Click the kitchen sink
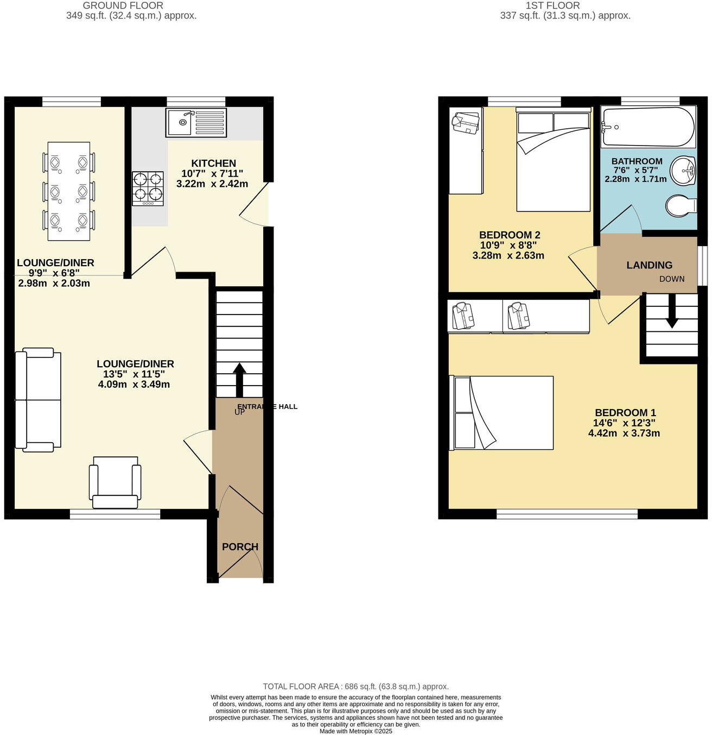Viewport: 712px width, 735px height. pyautogui.click(x=196, y=123)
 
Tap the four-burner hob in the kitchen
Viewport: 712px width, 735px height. pyautogui.click(x=148, y=188)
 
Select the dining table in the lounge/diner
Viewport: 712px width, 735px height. pyautogui.click(x=69, y=191)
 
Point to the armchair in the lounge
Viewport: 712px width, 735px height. pyautogui.click(x=115, y=481)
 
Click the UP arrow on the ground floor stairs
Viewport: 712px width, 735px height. pyautogui.click(x=239, y=378)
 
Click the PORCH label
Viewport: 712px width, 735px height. pyautogui.click(x=240, y=546)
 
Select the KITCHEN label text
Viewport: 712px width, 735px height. pyautogui.click(x=213, y=163)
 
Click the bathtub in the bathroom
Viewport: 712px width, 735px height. pyautogui.click(x=648, y=127)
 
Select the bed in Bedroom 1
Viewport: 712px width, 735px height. pyautogui.click(x=502, y=413)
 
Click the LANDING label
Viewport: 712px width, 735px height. pyautogui.click(x=649, y=265)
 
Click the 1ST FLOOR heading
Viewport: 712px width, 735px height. pyautogui.click(x=552, y=5)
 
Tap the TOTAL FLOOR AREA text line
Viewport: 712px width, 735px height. pyautogui.click(x=355, y=686)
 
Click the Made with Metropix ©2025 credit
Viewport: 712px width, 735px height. pyautogui.click(x=355, y=731)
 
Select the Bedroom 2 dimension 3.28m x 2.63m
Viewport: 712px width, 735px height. pyautogui.click(x=508, y=255)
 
